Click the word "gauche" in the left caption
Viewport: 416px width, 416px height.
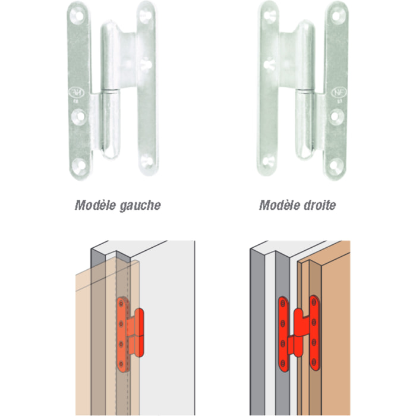coord(140,206)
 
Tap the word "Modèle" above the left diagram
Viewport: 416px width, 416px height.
coord(96,205)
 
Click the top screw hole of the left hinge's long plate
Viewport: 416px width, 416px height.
coord(79,15)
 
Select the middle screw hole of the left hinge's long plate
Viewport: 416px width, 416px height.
coord(79,116)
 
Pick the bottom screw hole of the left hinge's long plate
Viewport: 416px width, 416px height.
coord(79,165)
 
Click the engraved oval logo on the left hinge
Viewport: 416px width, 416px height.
coord(77,92)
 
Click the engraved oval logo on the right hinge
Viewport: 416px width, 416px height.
coord(339,92)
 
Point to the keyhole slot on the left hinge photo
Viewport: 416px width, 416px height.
coord(146,64)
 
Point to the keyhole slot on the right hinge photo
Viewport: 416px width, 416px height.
coord(269,64)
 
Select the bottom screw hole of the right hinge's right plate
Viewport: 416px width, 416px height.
coord(336,165)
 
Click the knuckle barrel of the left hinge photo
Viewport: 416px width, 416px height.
coord(111,90)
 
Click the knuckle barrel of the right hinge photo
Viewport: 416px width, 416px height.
coord(305,90)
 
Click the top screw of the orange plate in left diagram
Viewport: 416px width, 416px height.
coord(121,304)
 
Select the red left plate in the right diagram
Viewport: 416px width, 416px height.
coord(283,334)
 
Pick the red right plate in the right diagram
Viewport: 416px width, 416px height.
coord(314,333)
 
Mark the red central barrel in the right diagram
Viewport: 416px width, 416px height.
coord(298,332)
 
